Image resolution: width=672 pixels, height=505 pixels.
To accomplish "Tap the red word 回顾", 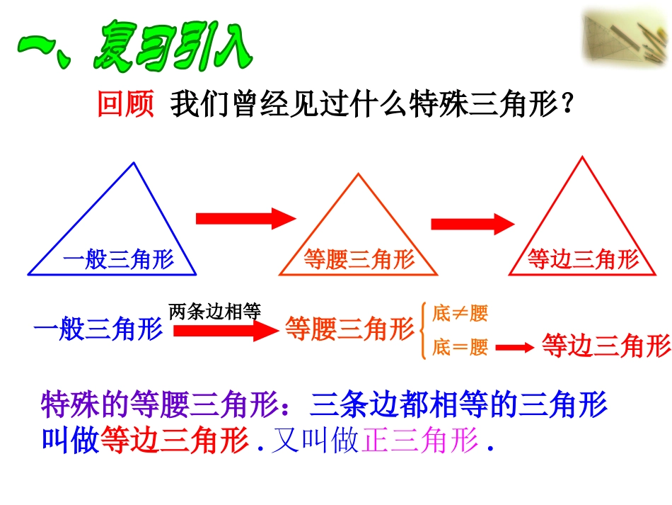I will point(125,106).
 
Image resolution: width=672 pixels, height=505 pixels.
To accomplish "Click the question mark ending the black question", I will point(565,106).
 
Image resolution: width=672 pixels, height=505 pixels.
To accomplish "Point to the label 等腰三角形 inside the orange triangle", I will point(359,260).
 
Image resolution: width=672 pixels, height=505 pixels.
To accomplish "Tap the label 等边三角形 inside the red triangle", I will point(583,260).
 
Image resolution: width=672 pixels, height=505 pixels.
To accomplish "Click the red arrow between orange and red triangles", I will point(472,224).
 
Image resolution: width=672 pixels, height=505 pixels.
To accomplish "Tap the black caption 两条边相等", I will point(216,311).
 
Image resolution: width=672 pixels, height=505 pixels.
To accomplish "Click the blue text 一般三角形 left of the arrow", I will point(98,330).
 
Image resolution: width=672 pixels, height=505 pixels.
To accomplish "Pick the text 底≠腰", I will point(460,313).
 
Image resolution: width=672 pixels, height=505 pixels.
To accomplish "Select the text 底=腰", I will point(460,347).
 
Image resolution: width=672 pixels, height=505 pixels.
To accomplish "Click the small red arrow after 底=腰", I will point(514,348).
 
